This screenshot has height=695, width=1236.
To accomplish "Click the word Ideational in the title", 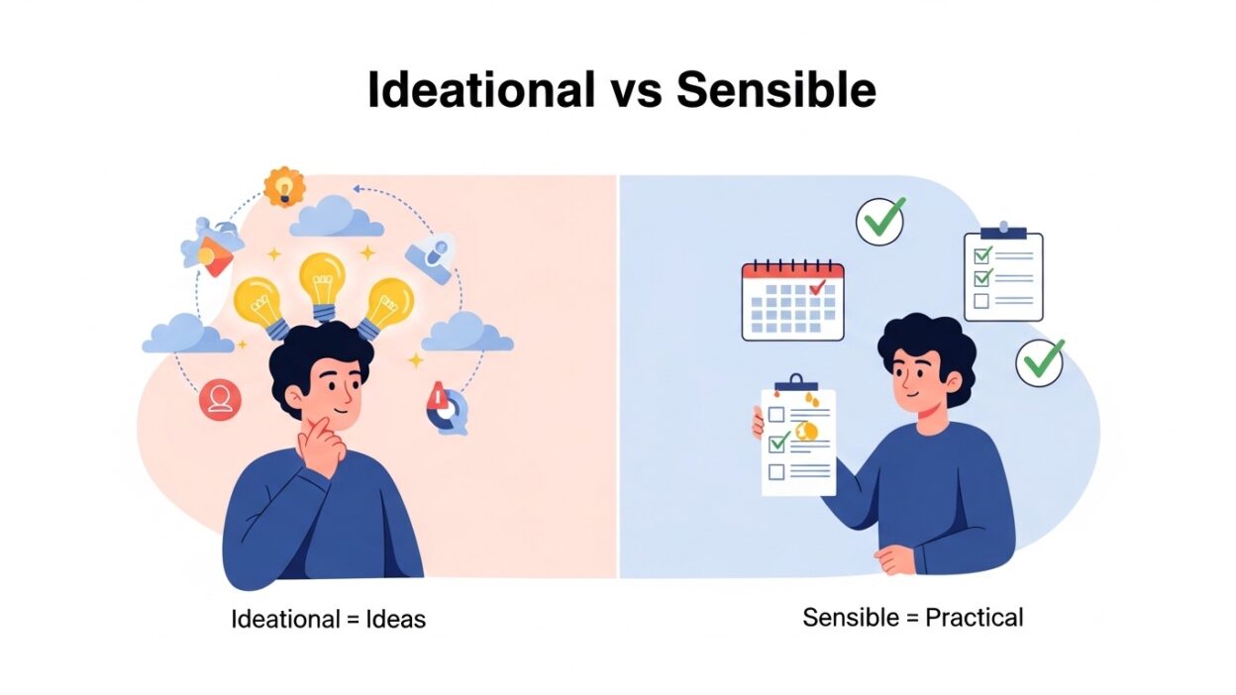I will tap(480, 91).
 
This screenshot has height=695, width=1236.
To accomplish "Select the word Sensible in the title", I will tap(776, 91).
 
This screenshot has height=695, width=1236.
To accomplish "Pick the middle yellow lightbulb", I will tap(323, 281).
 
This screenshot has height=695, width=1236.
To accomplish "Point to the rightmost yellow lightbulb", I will tap(386, 305).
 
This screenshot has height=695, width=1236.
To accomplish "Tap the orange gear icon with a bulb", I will tap(284, 186).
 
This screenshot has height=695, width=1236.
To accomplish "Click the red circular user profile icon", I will tap(220, 399).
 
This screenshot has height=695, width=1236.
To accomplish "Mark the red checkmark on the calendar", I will tap(818, 288).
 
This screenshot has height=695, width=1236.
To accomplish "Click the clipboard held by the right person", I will tap(797, 440).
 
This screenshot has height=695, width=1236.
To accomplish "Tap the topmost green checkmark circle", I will tap(880, 220).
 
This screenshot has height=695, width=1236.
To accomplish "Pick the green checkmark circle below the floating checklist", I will tap(1040, 361).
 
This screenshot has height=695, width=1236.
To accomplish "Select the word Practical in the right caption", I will tap(974, 619).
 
